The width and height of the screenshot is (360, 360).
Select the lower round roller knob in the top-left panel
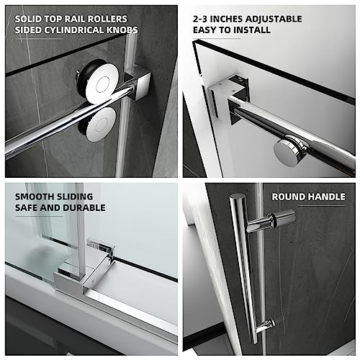(x=97, y=123)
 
